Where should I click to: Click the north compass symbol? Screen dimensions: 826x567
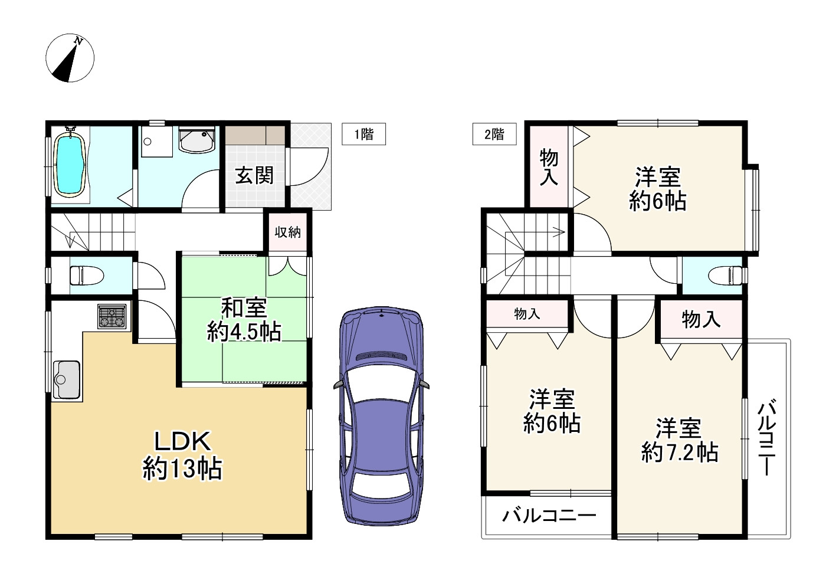tap(70, 58)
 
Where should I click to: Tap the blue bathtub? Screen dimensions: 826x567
tap(70, 165)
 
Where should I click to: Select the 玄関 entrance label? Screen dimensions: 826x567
tap(254, 175)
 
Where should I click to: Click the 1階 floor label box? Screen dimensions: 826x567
tap(363, 134)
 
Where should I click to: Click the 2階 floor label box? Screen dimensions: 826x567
tap(494, 134)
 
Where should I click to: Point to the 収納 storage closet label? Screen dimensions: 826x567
tap(288, 232)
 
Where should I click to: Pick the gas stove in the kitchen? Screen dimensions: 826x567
tap(112, 316)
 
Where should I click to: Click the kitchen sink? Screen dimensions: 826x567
tap(67, 380)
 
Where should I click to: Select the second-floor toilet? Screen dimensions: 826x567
tap(725, 276)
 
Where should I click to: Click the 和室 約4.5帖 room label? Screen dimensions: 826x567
tap(244, 320)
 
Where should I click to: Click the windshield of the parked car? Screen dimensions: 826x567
tap(381, 385)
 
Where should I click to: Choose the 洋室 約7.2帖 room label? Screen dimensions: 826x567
tap(680, 440)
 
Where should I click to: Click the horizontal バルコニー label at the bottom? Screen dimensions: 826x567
tap(549, 516)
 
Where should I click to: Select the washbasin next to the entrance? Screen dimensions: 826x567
tap(196, 139)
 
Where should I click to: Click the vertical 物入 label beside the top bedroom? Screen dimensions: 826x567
tap(549, 167)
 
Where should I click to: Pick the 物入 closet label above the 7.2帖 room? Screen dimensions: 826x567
tap(701, 319)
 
